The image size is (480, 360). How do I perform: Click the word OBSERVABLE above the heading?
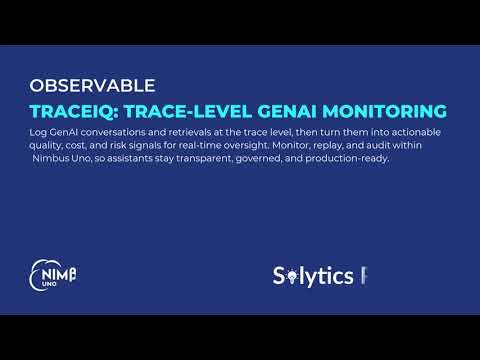click(92, 86)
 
